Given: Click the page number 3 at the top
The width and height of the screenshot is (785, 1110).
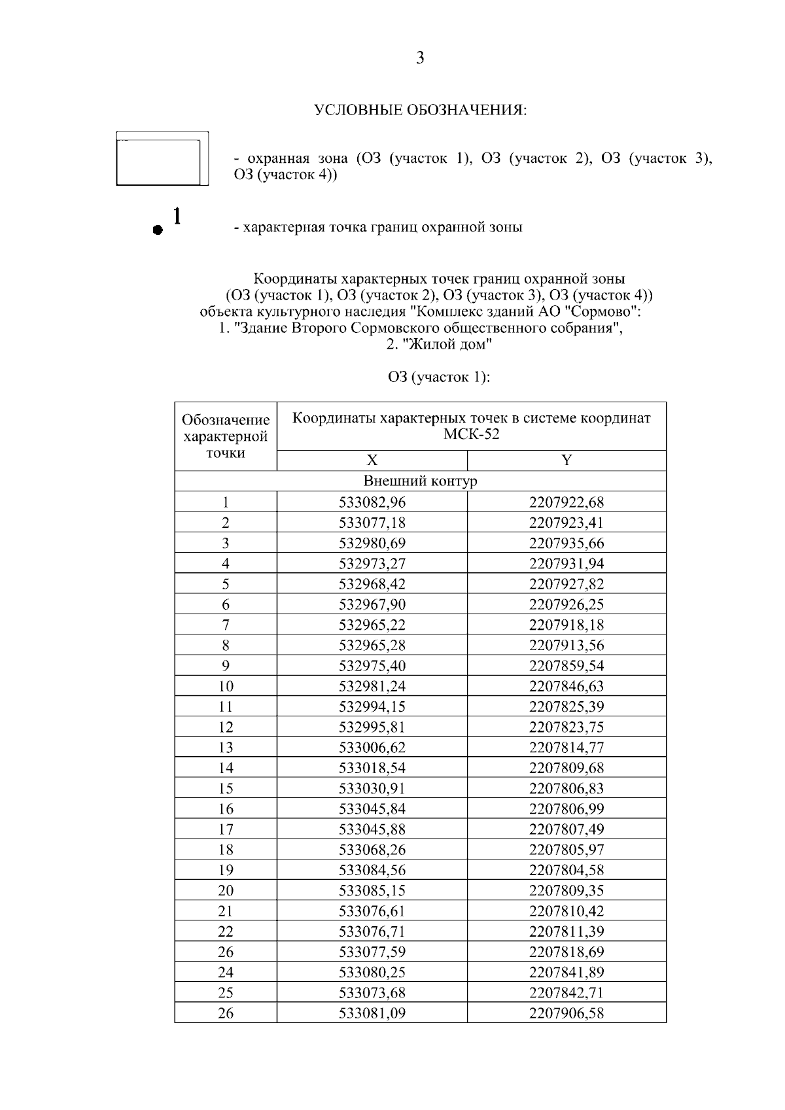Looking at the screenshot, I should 420,58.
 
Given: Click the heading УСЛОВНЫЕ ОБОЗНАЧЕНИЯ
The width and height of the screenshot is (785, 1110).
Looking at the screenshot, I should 420,110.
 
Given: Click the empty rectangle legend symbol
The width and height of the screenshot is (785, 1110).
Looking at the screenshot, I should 162,159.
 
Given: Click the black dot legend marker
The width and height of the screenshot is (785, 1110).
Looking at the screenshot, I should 156,230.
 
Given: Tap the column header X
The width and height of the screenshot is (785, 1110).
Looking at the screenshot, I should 372,460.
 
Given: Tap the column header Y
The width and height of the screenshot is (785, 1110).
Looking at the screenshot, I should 567,460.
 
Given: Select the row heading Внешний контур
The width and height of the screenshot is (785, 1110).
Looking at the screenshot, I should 420,481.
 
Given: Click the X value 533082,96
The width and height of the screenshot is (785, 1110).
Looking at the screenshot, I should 372,502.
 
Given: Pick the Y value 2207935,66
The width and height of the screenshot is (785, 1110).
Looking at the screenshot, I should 567,543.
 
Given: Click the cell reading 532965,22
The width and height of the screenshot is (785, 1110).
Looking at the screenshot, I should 372,625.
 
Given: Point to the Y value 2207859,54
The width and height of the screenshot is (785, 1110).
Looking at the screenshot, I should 567,666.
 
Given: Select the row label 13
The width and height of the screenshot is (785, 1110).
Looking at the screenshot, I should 226,748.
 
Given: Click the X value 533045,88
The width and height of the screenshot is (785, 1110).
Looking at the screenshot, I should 372,829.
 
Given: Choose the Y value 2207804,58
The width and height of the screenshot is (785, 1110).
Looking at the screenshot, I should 567,870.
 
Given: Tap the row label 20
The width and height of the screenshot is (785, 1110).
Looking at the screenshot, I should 226,890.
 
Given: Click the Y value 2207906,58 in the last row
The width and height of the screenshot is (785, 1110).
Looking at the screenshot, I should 567,1013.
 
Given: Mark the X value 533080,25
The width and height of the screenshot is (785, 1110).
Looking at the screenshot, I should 372,972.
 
